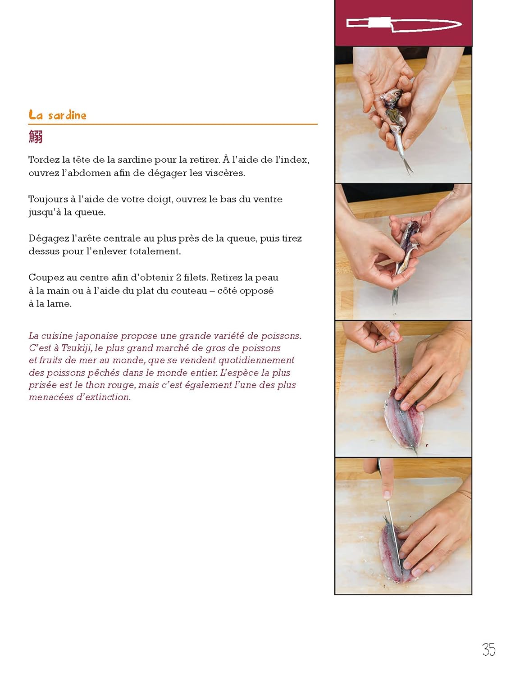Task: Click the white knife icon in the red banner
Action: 404,24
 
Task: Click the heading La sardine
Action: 57,115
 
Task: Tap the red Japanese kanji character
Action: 36,137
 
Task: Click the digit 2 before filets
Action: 178,278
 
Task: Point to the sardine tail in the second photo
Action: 395,296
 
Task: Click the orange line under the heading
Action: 173,124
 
